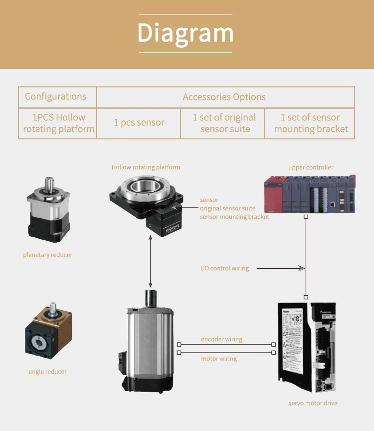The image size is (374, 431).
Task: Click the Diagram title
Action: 186,33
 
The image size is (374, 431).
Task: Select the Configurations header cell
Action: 55,97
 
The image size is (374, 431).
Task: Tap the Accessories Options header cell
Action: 224,97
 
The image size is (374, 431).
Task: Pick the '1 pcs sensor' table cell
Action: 139,123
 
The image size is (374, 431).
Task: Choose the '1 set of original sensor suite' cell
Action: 224,123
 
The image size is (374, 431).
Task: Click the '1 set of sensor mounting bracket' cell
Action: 311,123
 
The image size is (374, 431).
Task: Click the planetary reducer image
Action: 48,211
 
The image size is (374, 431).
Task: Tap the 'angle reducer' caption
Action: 47,372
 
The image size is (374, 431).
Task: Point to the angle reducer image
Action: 48,331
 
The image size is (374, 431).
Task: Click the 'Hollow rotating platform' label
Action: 146,167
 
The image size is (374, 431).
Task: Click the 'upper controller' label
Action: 311,167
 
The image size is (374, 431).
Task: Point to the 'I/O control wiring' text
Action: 224,268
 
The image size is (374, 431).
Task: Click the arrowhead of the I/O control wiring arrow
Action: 302,268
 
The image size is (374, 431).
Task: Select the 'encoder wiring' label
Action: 221,339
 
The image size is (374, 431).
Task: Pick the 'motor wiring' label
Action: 219,359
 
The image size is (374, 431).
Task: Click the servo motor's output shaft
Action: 151,298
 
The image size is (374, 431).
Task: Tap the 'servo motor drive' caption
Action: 313,403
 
